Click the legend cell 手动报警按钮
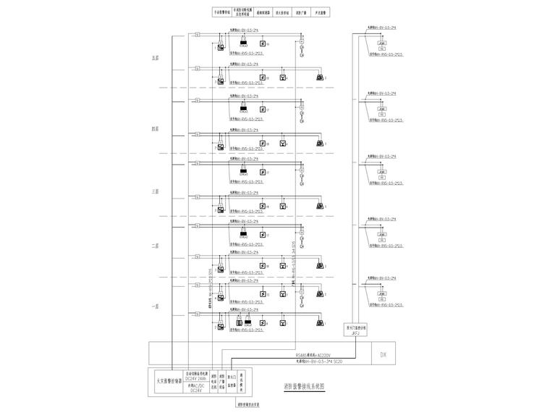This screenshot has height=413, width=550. click(x=222, y=12)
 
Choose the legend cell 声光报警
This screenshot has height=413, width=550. click(x=319, y=12)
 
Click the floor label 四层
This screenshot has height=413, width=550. click(x=154, y=128)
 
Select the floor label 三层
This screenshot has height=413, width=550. click(x=154, y=191)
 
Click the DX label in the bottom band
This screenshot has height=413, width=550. click(x=383, y=354)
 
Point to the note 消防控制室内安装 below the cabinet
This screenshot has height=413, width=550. click(x=247, y=405)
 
